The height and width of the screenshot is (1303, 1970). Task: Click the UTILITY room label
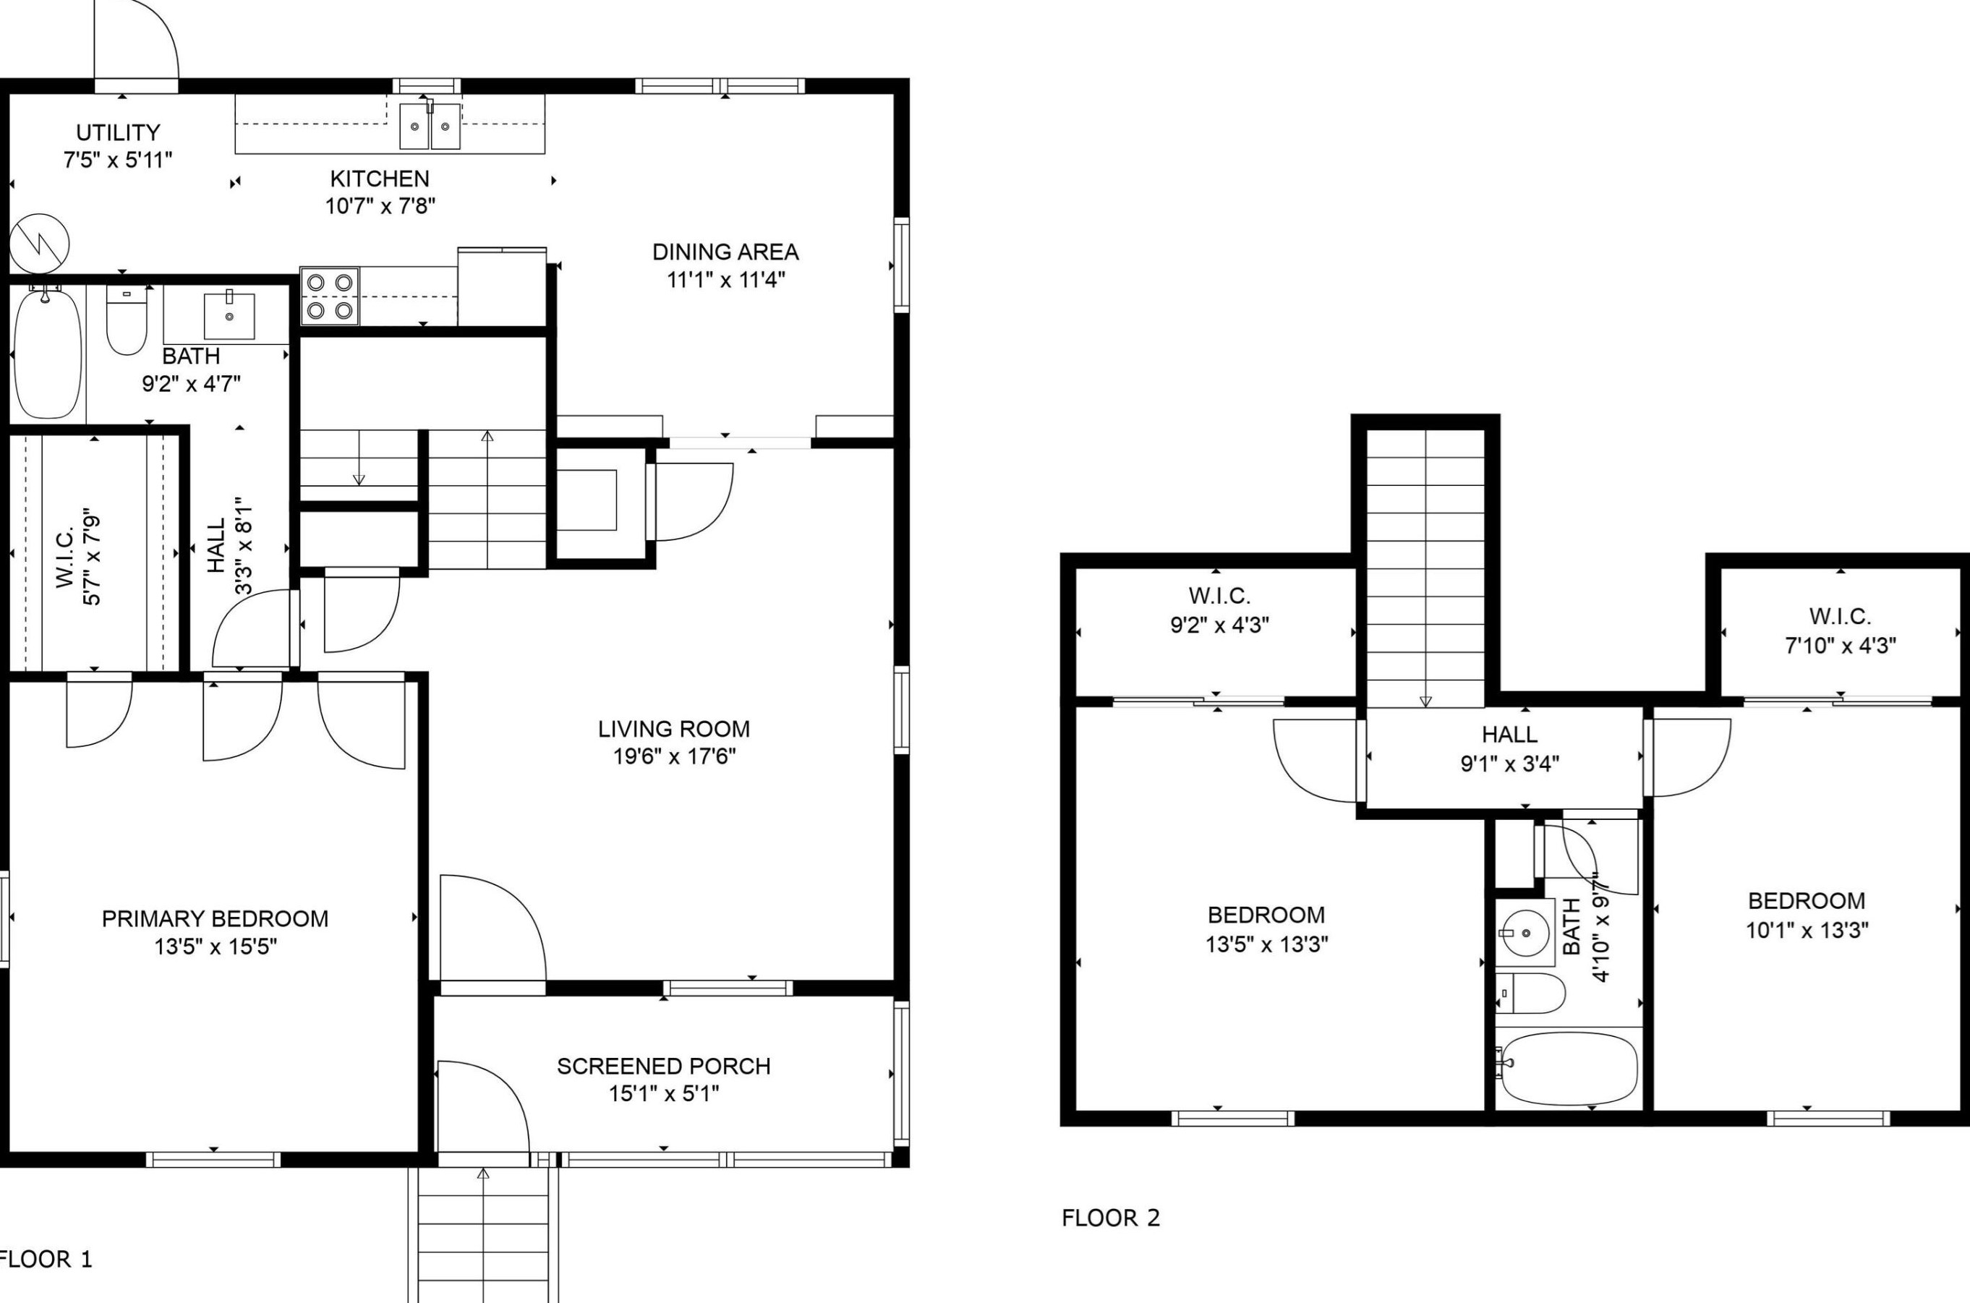[x=118, y=132]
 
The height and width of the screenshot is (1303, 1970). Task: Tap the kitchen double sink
[x=430, y=126]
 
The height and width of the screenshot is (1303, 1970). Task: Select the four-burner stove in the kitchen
[x=329, y=296]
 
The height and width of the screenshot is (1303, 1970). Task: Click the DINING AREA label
[x=725, y=252]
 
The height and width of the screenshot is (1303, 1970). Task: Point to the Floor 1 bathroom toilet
[x=127, y=320]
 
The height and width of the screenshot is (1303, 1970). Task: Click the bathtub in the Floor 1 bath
[x=48, y=351]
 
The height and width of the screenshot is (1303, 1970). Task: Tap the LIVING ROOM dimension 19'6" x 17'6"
[x=674, y=757]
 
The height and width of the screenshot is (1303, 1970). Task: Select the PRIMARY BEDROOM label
[x=216, y=918]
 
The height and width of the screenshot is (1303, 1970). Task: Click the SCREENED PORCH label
[x=664, y=1066]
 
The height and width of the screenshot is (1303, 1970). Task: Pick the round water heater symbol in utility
[x=39, y=244]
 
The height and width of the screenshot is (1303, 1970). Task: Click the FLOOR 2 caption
[x=1111, y=1218]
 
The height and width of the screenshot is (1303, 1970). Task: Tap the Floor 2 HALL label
[x=1510, y=735]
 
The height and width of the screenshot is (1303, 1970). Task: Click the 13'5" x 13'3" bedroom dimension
[x=1267, y=944]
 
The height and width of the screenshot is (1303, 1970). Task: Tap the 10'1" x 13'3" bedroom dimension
[x=1807, y=930]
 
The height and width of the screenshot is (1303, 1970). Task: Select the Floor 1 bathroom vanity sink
[x=229, y=315]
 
